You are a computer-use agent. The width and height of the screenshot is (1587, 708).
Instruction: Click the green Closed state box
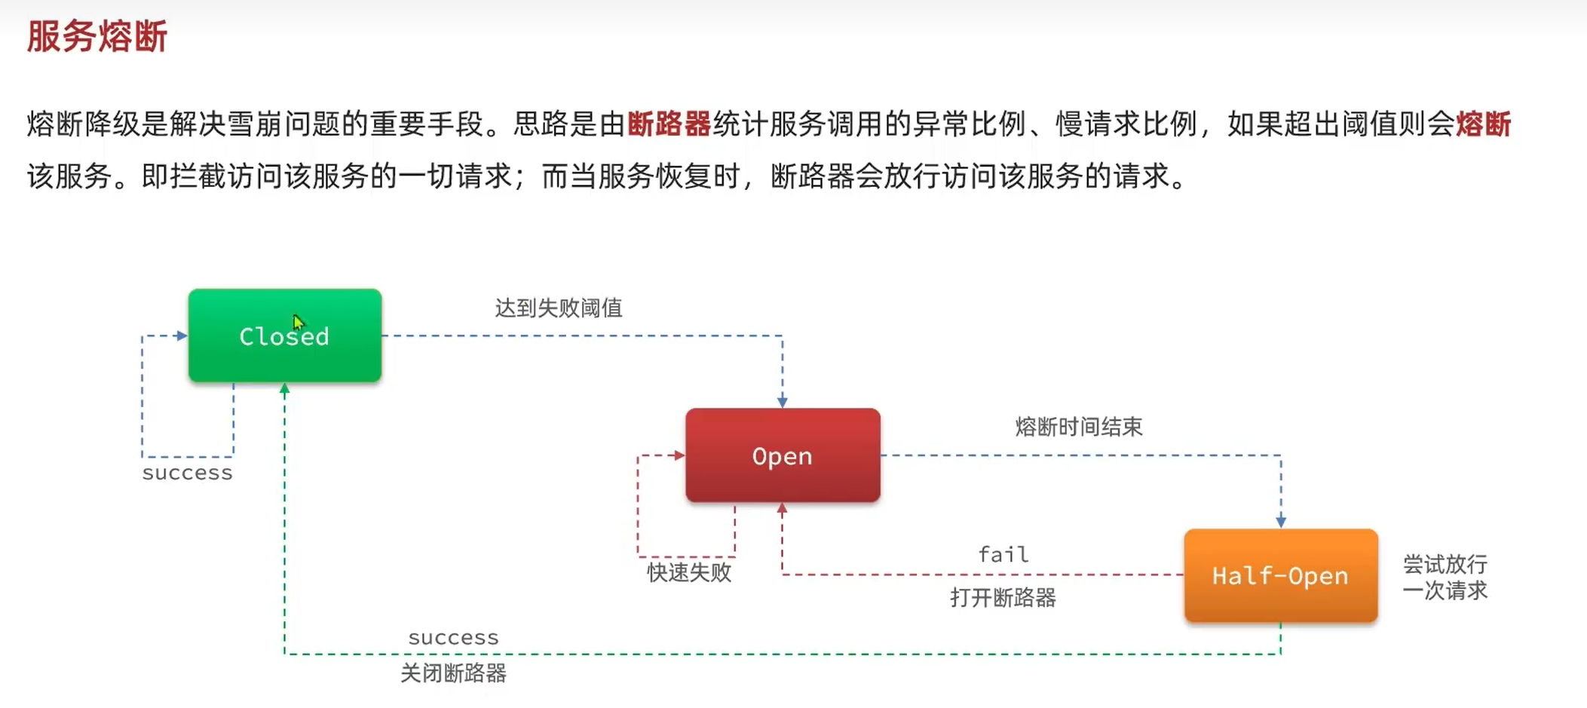click(284, 336)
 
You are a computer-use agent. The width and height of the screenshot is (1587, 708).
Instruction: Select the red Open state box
click(783, 455)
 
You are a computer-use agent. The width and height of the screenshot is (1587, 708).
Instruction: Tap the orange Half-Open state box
click(1280, 576)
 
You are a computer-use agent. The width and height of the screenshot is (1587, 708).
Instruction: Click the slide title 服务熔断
click(97, 36)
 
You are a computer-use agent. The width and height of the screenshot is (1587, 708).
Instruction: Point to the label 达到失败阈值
click(559, 308)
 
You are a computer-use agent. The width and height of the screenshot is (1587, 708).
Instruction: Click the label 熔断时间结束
click(1079, 427)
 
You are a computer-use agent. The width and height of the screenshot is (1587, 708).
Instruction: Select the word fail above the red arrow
click(1003, 554)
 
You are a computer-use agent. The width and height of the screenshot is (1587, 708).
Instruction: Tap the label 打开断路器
click(1003, 598)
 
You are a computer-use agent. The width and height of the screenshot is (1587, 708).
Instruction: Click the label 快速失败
click(689, 572)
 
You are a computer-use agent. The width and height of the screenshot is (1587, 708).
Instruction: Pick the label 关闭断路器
click(453, 673)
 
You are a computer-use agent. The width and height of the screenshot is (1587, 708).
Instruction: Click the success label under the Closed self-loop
click(188, 473)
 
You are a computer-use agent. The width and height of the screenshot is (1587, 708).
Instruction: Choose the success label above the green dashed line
click(453, 638)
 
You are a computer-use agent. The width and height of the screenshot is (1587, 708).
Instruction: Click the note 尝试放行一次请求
click(1445, 577)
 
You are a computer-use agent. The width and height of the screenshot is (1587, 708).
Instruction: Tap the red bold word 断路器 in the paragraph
click(669, 124)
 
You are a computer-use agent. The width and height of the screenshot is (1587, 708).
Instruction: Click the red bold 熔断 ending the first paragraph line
click(1483, 124)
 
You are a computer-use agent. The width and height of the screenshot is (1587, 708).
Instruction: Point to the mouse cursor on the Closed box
click(298, 322)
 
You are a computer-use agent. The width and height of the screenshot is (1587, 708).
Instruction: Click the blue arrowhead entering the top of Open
click(783, 401)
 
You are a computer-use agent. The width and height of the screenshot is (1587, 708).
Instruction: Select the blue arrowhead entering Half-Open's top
click(1281, 522)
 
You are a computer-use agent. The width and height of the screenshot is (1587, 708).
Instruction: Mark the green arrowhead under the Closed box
click(284, 389)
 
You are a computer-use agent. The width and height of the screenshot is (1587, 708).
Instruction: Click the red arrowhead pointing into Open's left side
click(679, 455)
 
